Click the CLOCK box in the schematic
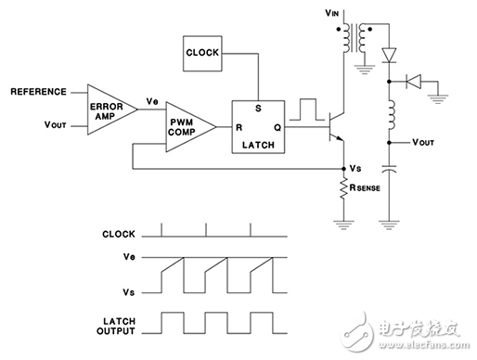tap(203, 52)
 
